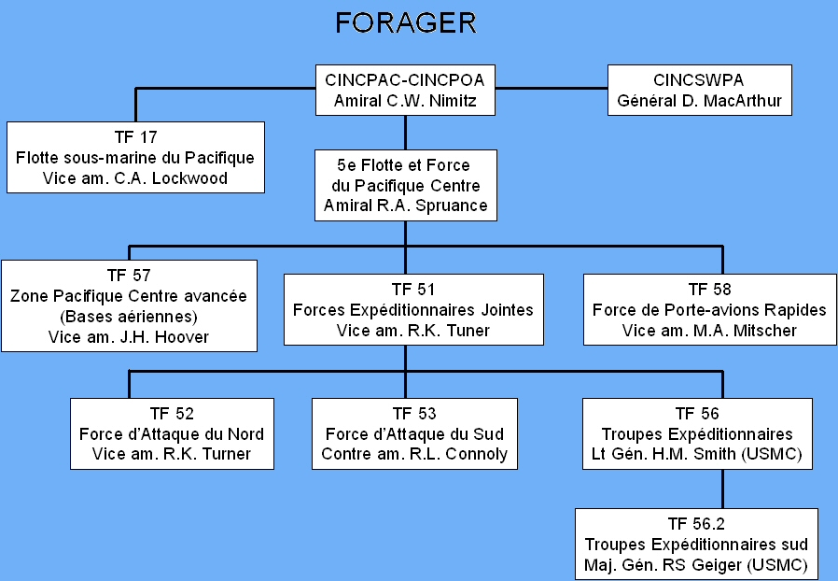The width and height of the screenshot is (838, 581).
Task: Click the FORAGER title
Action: (x=406, y=23)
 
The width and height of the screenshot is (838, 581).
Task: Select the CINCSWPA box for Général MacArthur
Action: (x=700, y=90)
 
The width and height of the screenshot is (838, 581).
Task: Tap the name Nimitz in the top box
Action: (x=453, y=101)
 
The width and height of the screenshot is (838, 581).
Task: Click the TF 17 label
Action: (x=135, y=137)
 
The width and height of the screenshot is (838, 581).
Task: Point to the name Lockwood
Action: (x=189, y=178)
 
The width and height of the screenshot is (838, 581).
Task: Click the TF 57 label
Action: (x=129, y=275)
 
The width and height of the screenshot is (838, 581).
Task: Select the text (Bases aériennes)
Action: (x=129, y=316)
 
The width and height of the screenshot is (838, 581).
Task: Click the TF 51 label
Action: (x=413, y=290)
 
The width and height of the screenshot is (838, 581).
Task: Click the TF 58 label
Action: (x=709, y=290)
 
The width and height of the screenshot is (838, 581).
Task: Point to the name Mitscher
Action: (x=765, y=331)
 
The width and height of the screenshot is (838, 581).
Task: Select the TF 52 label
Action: (x=172, y=414)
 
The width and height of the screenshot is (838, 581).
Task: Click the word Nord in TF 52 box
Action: (x=245, y=433)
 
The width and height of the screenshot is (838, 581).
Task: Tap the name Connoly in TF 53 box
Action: (x=476, y=454)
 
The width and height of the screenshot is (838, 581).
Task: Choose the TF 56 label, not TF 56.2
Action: (x=697, y=414)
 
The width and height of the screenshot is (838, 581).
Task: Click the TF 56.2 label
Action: (x=696, y=524)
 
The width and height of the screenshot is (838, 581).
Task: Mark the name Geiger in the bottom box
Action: (x=716, y=565)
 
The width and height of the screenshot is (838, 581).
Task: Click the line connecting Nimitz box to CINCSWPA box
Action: (x=552, y=89)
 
